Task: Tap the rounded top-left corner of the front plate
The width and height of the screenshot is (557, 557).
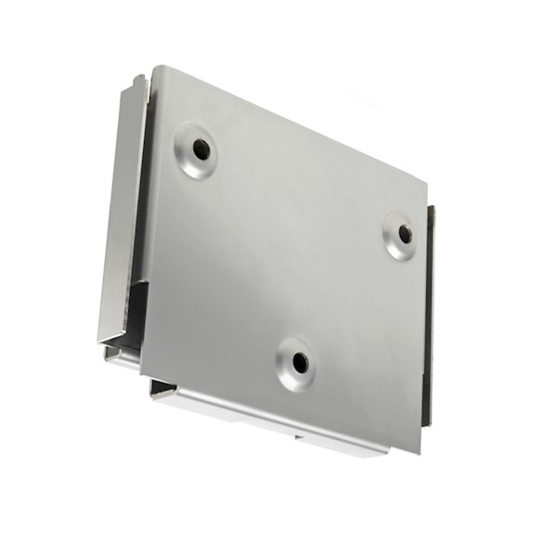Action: click(x=158, y=72)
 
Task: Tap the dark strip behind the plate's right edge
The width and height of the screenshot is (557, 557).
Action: click(x=428, y=316)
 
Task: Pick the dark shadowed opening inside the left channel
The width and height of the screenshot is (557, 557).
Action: click(x=136, y=316)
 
